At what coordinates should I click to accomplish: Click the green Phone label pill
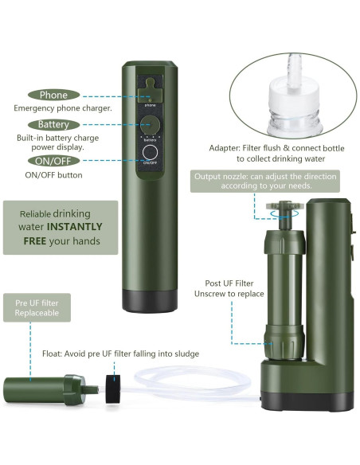(x=54, y=95)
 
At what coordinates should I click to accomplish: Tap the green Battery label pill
(x=54, y=125)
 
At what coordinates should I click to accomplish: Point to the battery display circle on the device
(x=149, y=125)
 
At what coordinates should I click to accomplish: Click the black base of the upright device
(x=149, y=299)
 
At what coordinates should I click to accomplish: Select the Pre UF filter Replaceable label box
(x=37, y=307)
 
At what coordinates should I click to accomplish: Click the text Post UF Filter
(x=229, y=282)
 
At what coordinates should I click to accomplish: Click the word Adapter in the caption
(x=227, y=147)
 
